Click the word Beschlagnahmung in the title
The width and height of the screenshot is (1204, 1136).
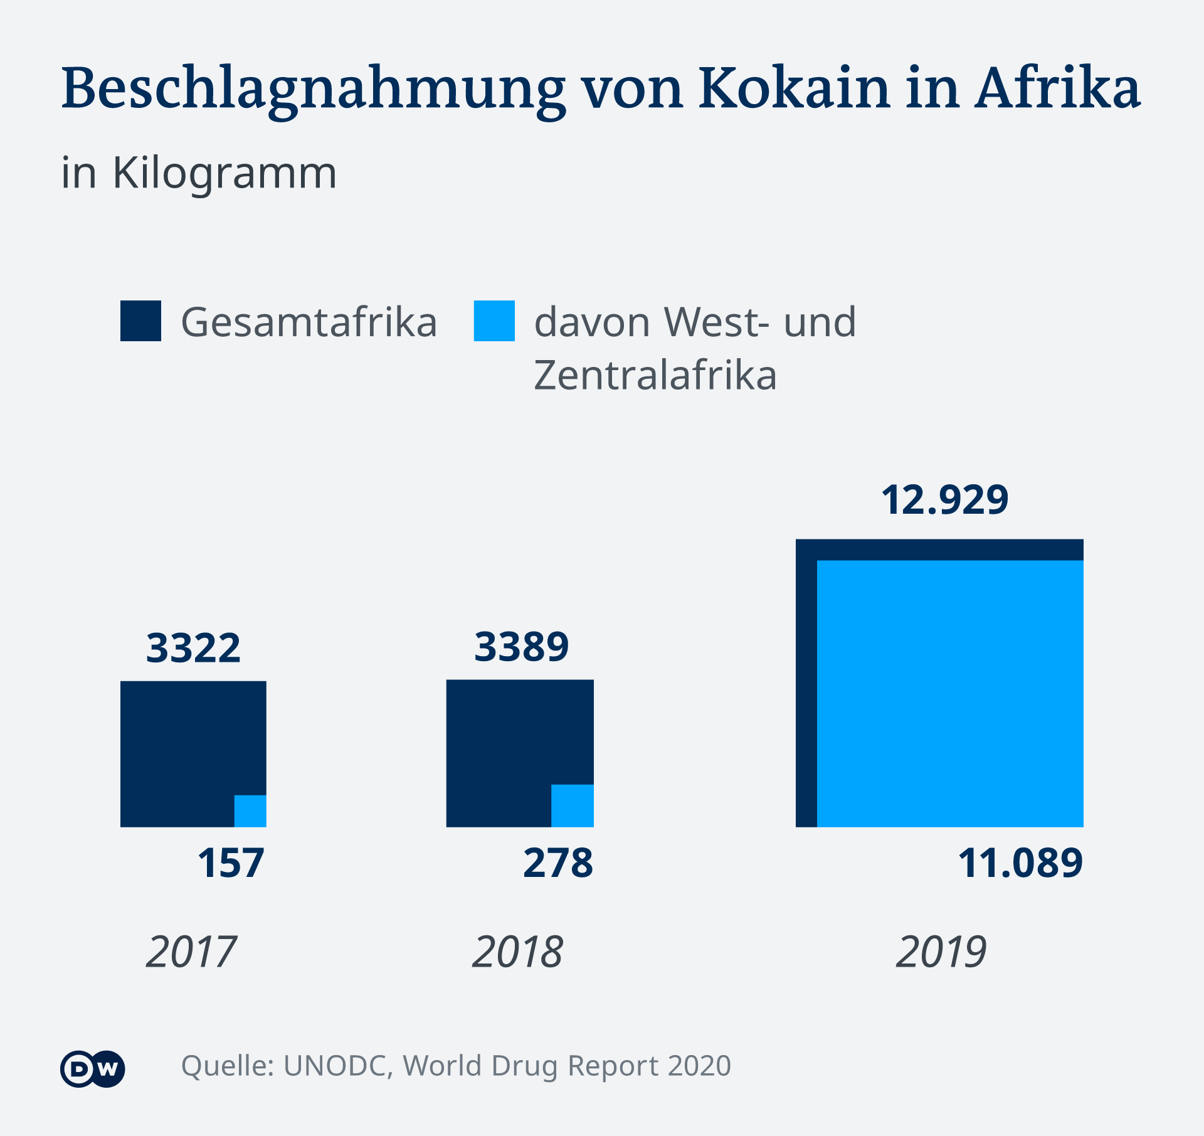(x=314, y=89)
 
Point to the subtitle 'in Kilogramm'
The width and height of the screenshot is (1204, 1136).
(x=199, y=173)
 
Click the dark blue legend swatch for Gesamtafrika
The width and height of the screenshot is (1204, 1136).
(x=140, y=321)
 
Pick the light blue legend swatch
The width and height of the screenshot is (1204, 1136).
(x=494, y=321)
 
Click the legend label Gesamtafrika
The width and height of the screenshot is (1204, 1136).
(x=309, y=322)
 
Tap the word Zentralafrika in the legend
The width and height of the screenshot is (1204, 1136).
(x=655, y=375)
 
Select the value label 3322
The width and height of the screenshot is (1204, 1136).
(x=193, y=648)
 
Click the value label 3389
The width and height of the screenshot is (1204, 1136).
(x=521, y=647)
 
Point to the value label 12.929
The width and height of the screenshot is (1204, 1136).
(x=944, y=500)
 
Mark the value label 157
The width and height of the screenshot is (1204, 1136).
(x=231, y=863)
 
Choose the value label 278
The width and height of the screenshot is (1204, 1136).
(x=558, y=863)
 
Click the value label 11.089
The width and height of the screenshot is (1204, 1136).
(x=1020, y=863)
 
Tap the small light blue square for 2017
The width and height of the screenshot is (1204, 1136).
(x=250, y=811)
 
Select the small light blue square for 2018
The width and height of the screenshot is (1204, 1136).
(x=573, y=806)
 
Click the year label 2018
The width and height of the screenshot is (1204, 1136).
(x=517, y=952)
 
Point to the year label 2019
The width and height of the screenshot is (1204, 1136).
(x=941, y=952)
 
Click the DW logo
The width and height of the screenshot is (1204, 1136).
(x=93, y=1068)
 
